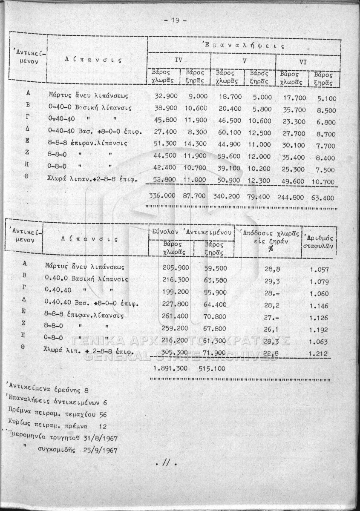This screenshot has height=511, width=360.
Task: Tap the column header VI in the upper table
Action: click(x=303, y=62)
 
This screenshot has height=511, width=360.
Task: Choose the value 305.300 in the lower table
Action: click(x=175, y=352)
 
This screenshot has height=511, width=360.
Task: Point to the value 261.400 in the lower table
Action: click(x=175, y=316)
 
